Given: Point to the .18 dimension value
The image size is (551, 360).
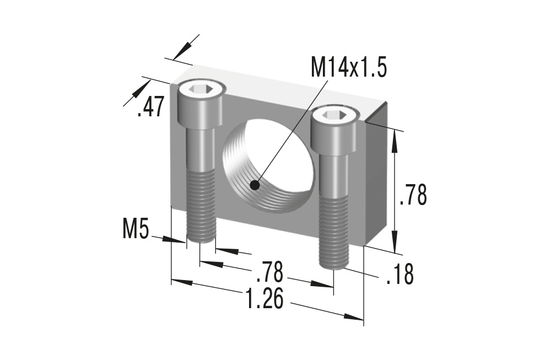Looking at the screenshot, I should pyautogui.click(x=399, y=274).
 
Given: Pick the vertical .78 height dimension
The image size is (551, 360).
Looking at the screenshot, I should pyautogui.click(x=413, y=196).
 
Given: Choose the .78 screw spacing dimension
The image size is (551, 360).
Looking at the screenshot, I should pyautogui.click(x=270, y=271).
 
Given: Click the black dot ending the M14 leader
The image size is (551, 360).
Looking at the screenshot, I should pyautogui.click(x=255, y=186).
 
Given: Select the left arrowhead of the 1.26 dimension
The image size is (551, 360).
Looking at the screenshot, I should pyautogui.click(x=182, y=282).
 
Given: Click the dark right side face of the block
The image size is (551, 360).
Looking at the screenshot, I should pyautogui.click(x=377, y=176).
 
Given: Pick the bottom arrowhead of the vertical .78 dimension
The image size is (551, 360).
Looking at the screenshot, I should pyautogui.click(x=395, y=243).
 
